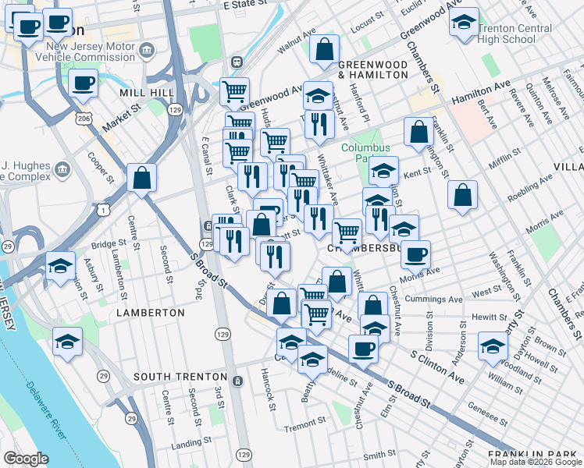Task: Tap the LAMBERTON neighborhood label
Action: point(150,312)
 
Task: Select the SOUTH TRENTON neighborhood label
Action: point(180,377)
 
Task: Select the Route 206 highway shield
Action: point(84,119)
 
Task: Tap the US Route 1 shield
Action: point(103,210)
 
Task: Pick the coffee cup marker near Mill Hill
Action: point(83,83)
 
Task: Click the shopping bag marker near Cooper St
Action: point(141,177)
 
